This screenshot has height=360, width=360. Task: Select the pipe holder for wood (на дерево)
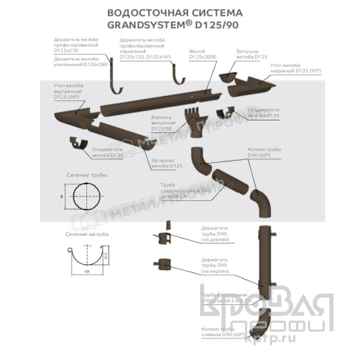(161, 236)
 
